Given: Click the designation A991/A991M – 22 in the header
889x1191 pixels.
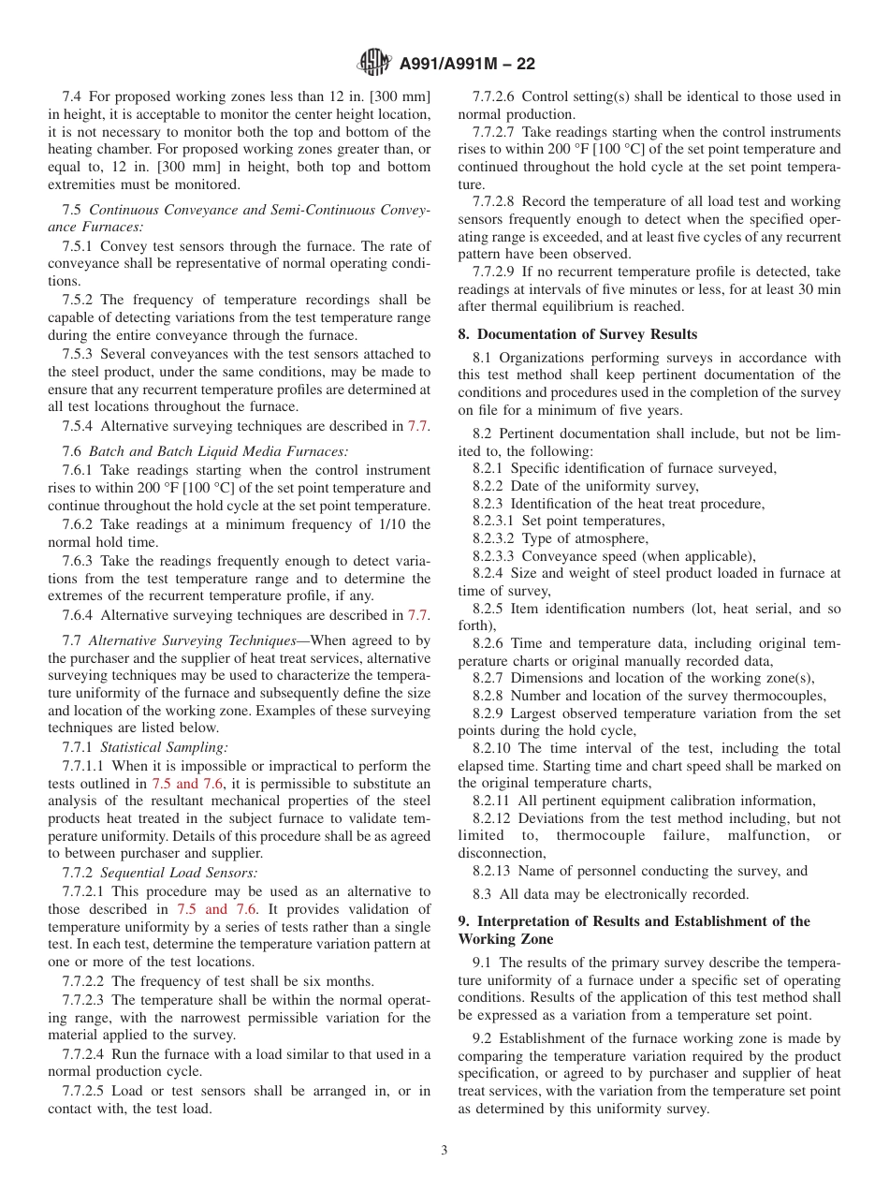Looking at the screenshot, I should tap(467, 65).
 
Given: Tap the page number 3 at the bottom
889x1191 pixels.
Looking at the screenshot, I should tap(444, 1151).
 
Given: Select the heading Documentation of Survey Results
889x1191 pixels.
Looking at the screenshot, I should tap(585, 333).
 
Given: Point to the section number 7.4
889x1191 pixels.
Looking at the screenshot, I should tap(72, 96).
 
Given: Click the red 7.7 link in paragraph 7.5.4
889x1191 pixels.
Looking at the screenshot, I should tap(418, 426).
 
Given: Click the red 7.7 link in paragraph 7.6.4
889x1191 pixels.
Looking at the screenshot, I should tap(418, 615).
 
